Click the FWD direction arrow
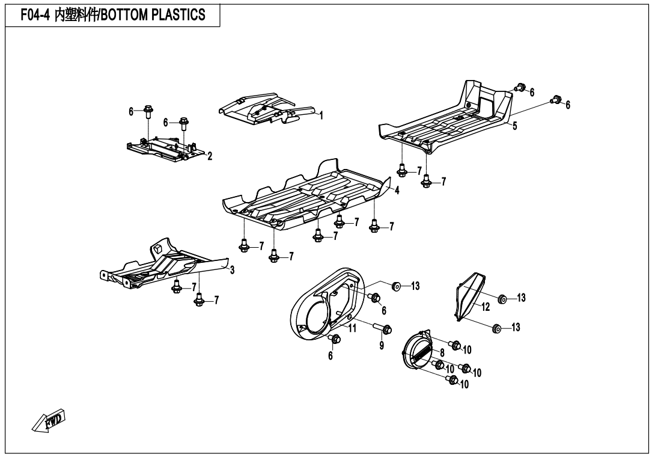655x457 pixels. (x=49, y=421)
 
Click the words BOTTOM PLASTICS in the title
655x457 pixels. (x=153, y=15)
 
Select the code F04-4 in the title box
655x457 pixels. (x=35, y=15)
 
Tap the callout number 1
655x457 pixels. (x=321, y=115)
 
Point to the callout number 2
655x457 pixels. (x=210, y=156)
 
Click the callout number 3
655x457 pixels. (x=233, y=270)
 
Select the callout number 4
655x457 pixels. (x=397, y=191)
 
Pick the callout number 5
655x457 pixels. (x=514, y=126)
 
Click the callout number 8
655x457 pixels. (x=442, y=353)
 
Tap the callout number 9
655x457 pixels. (x=382, y=346)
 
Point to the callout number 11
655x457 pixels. (x=353, y=328)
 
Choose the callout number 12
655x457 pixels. (x=485, y=307)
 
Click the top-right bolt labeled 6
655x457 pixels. (x=556, y=99)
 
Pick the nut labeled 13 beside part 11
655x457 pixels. (x=397, y=286)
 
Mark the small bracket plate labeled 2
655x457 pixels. (x=166, y=148)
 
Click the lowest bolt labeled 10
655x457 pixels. (x=451, y=380)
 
